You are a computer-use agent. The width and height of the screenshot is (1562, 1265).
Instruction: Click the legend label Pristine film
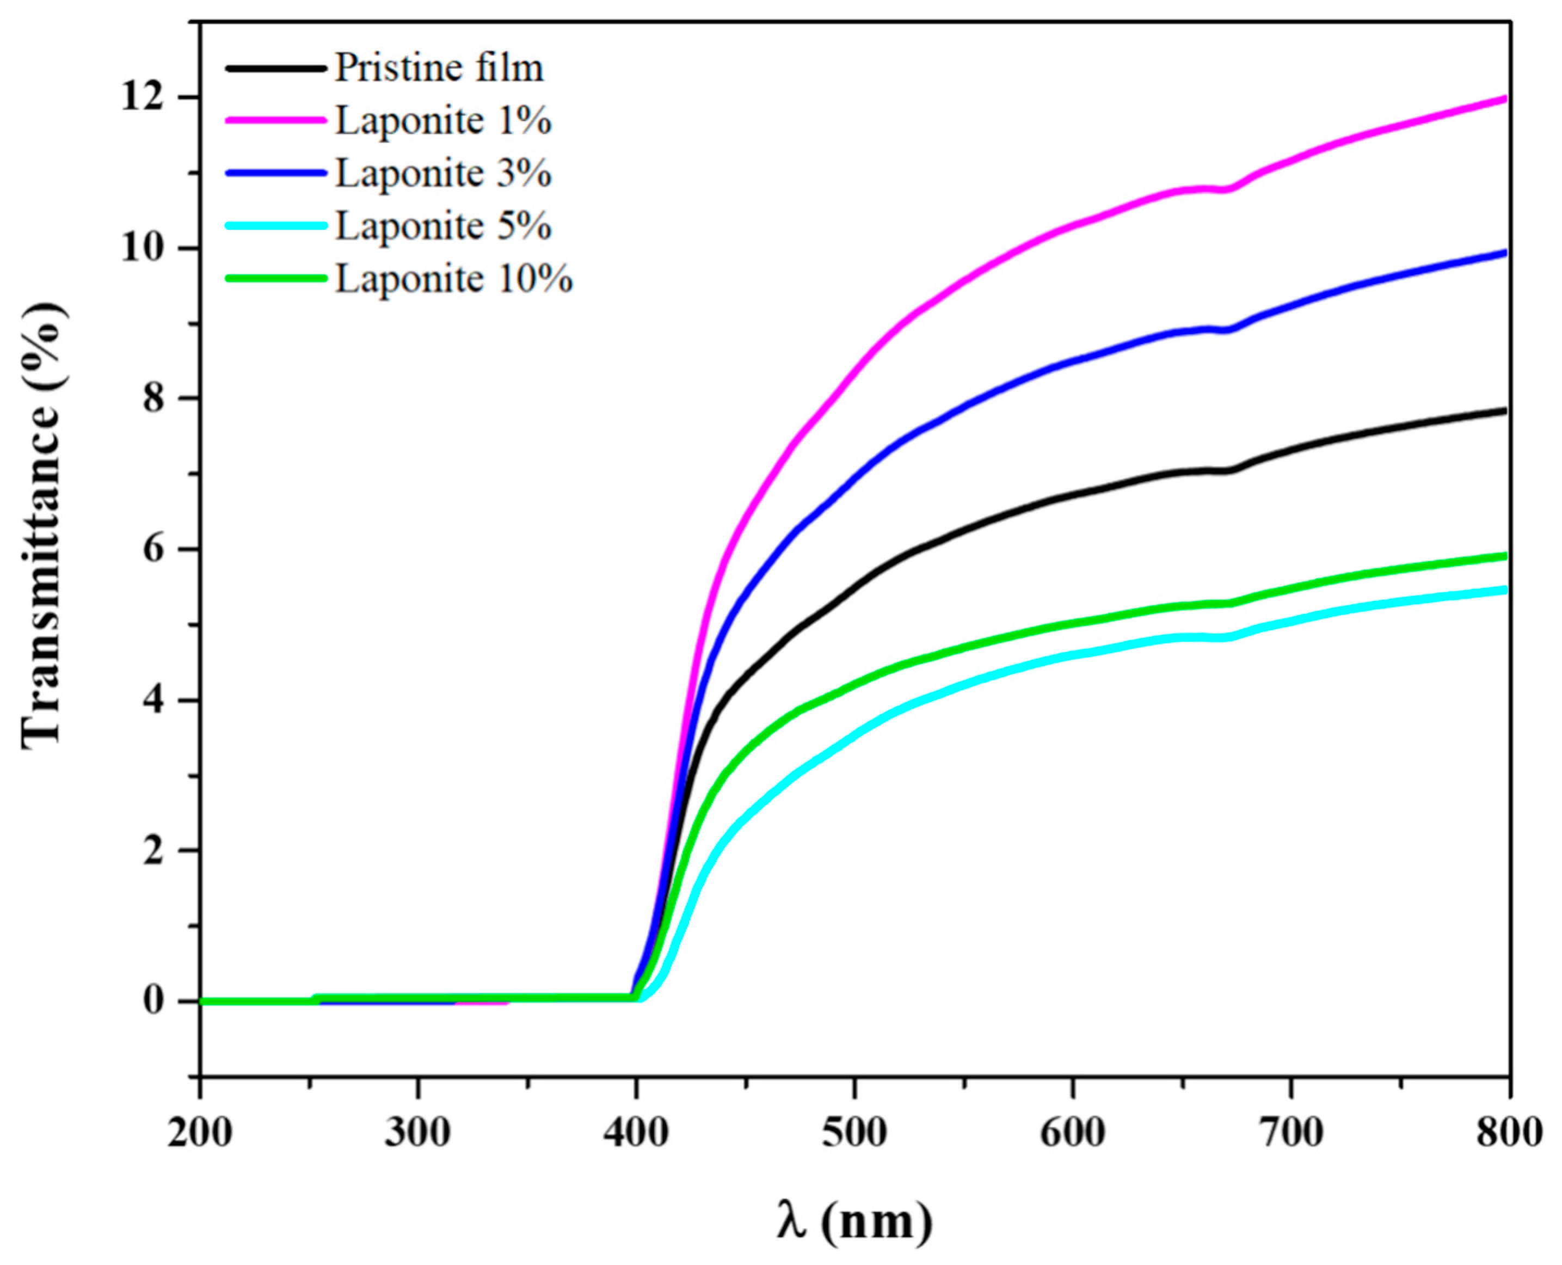click(439, 69)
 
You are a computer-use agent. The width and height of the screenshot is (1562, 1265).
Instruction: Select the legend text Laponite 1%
click(443, 121)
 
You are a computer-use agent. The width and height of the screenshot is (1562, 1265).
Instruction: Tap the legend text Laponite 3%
click(443, 174)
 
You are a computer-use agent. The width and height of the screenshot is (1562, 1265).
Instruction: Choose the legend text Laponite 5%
click(443, 226)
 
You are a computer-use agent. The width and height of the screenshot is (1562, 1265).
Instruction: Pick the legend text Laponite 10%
click(453, 278)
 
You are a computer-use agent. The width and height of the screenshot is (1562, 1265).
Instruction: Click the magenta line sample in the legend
click(275, 121)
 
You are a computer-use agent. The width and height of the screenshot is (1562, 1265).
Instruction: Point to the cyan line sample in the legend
click(275, 226)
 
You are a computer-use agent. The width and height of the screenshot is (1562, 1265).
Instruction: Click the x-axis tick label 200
click(200, 1134)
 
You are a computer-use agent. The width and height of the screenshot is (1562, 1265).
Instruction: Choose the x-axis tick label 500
click(854, 1134)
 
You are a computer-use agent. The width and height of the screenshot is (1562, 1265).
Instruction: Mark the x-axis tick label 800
click(1508, 1134)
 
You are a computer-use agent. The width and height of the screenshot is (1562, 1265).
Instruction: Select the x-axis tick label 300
click(417, 1134)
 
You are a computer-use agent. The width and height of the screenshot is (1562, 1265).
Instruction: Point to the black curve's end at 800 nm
click(1504, 411)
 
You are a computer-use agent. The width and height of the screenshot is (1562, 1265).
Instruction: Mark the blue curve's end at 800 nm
click(1504, 254)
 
